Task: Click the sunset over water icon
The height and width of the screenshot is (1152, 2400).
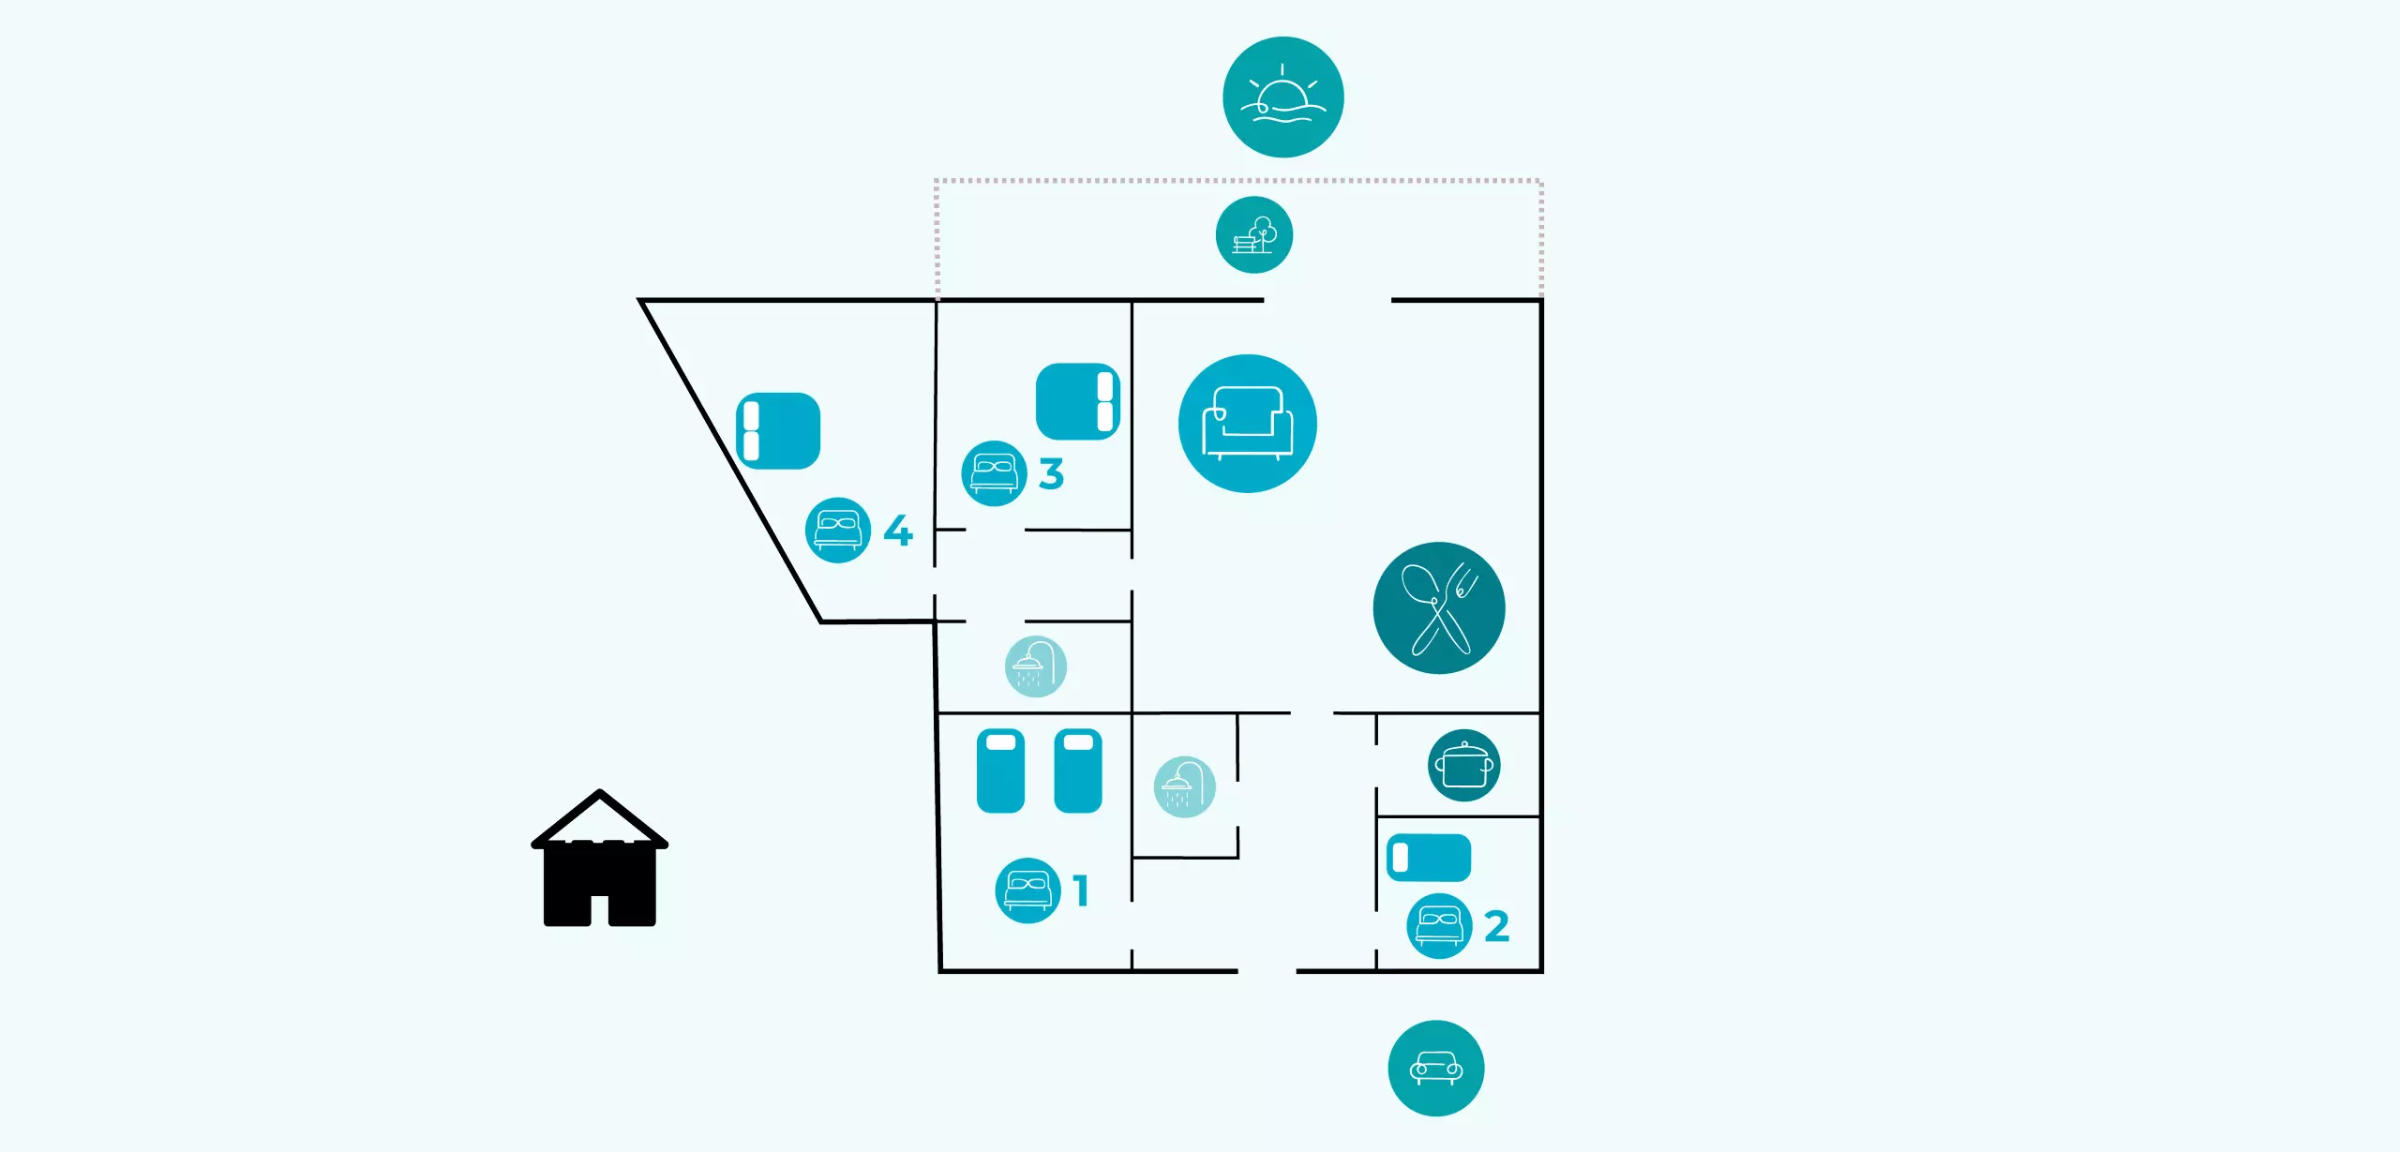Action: (x=1282, y=97)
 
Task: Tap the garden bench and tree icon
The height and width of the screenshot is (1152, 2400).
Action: (x=1254, y=234)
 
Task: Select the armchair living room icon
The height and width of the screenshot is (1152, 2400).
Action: (x=1248, y=423)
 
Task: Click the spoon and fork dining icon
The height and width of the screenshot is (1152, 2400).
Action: (x=1439, y=607)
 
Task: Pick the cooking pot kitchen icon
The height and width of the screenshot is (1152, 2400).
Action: (x=1463, y=765)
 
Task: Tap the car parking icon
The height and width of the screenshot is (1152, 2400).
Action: (x=1435, y=1068)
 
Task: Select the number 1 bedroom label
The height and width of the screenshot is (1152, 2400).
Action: (x=1081, y=890)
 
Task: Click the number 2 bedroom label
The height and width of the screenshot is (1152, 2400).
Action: (x=1496, y=926)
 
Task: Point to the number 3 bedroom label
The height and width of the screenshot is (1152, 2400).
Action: (x=1051, y=473)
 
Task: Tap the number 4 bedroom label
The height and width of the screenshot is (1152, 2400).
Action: (x=898, y=531)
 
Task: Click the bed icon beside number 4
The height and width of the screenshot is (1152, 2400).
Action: (x=837, y=530)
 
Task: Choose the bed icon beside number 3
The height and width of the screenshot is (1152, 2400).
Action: (x=994, y=472)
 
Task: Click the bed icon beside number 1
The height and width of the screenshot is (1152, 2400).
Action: (x=1027, y=890)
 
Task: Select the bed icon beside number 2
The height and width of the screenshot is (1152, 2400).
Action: (x=1439, y=925)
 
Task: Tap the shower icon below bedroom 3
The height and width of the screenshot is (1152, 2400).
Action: (x=1035, y=666)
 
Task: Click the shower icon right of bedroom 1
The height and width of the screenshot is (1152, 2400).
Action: (x=1184, y=786)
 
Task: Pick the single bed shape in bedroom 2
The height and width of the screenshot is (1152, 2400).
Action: (x=1429, y=858)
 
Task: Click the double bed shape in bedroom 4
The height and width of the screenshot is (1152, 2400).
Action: (x=778, y=430)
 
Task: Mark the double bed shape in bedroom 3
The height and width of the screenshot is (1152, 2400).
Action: (x=1078, y=401)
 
